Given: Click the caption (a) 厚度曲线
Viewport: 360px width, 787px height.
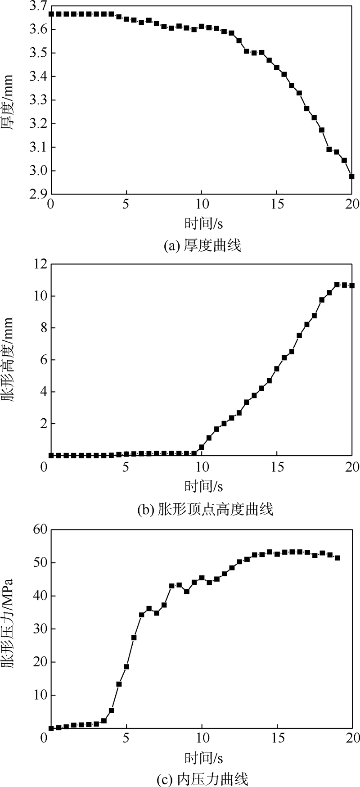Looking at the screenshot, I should pyautogui.click(x=202, y=246).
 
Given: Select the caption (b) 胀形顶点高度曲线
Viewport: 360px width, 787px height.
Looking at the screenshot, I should pyautogui.click(x=205, y=509).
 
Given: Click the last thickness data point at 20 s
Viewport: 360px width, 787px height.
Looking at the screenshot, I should pyautogui.click(x=351, y=176).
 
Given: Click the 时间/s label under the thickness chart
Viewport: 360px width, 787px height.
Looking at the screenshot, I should pyautogui.click(x=203, y=223).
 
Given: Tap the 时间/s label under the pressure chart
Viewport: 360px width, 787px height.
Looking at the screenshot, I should pyautogui.click(x=203, y=758).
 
